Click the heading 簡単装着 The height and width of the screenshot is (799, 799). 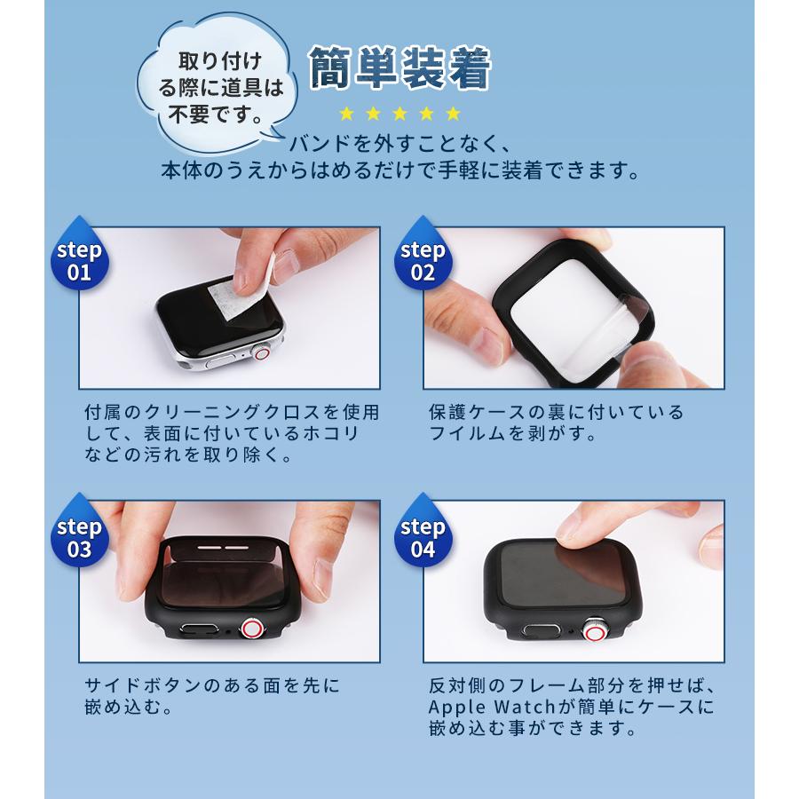(399, 69)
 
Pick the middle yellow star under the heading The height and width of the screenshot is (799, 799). (400, 114)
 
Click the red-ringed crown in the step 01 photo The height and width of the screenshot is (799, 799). (264, 353)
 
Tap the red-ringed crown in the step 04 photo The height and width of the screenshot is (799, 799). (593, 631)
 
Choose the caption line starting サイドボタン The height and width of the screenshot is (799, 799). (212, 686)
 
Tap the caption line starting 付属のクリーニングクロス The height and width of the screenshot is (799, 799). (232, 412)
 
